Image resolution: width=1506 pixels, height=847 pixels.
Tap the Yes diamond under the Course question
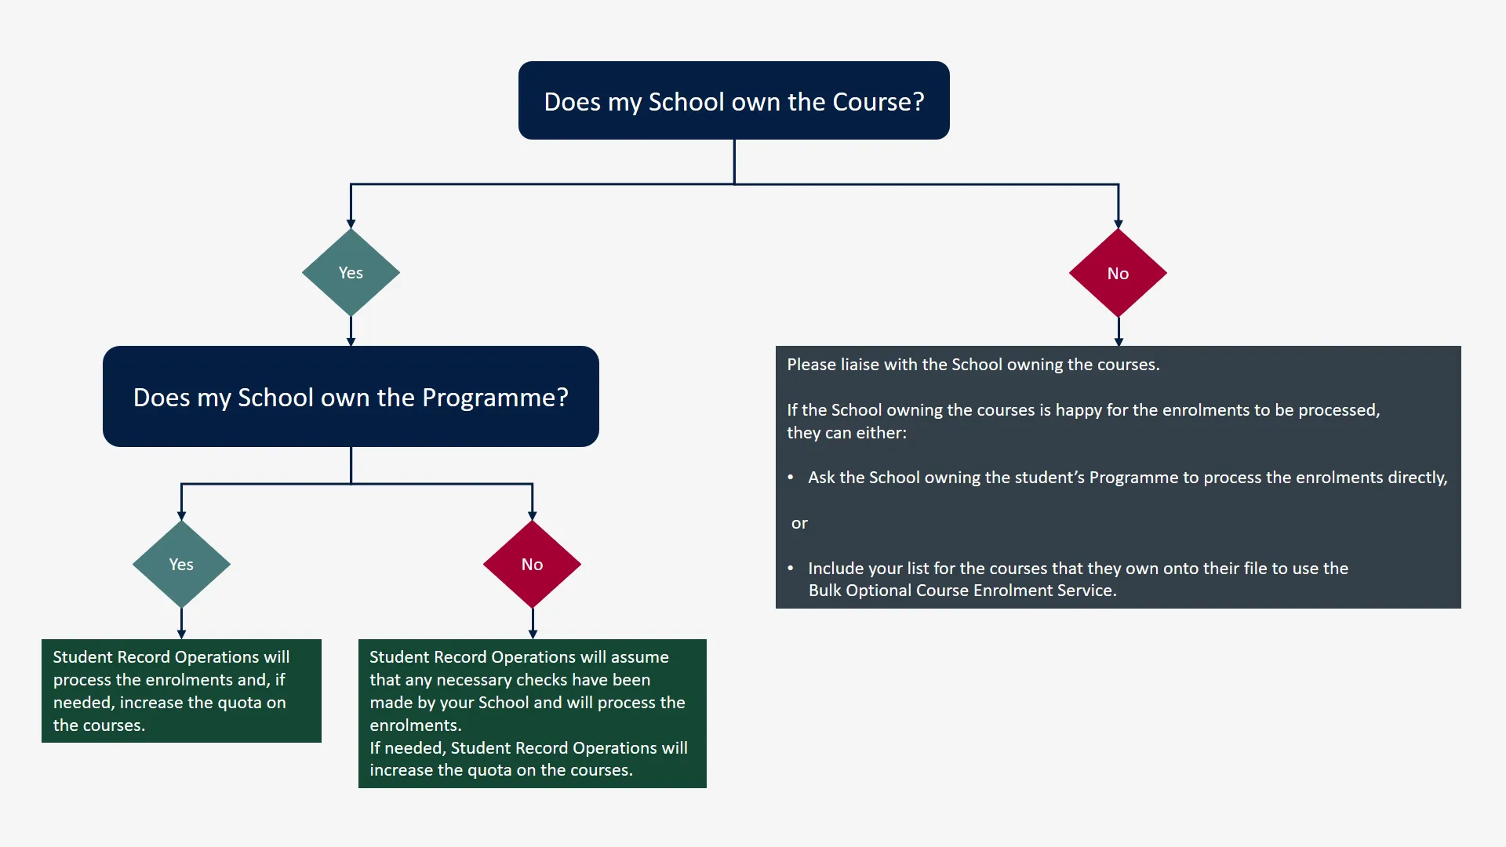tap(351, 273)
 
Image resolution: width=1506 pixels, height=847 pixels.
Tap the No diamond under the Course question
tap(1118, 274)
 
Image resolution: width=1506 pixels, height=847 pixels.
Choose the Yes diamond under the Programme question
tap(181, 565)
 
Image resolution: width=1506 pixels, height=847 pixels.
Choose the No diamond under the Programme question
tap(532, 565)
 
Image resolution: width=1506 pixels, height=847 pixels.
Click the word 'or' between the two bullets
tap(799, 523)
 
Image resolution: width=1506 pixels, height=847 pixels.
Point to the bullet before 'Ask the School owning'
tap(791, 478)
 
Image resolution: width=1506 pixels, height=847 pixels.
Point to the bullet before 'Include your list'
tap(791, 569)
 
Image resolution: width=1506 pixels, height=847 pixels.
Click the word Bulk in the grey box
tap(825, 591)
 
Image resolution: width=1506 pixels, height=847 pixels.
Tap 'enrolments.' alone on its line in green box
tap(416, 725)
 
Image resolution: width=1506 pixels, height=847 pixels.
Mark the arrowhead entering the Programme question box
tap(351, 341)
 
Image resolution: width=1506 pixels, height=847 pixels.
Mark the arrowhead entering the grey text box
tap(1119, 341)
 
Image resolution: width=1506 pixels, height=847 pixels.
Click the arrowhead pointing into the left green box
tap(181, 634)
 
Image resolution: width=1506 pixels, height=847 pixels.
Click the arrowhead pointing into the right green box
tap(533, 634)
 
